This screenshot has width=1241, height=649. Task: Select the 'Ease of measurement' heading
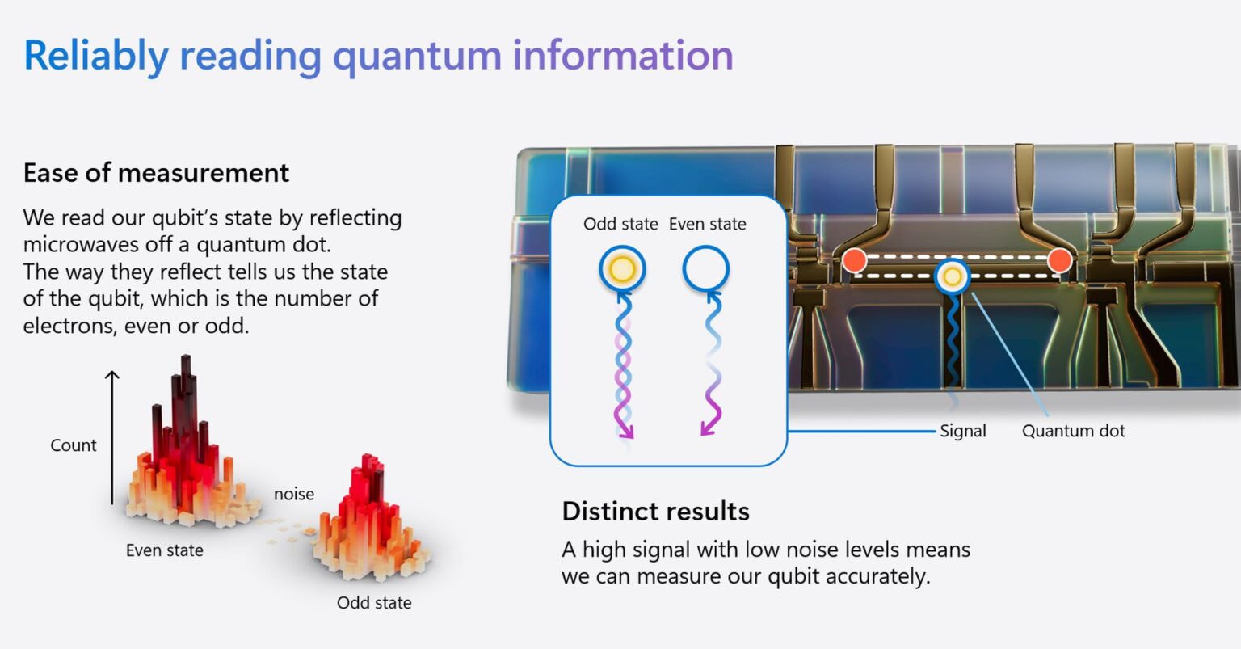[156, 173]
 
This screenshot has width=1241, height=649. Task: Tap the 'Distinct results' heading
[655, 512]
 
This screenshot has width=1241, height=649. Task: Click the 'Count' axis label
[74, 445]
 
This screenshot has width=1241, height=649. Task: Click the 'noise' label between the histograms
[294, 494]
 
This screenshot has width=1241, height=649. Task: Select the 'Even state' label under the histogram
[165, 550]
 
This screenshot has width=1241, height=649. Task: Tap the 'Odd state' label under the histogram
[374, 603]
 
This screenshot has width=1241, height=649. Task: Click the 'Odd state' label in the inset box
[620, 224]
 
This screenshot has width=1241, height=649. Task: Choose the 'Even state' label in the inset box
[708, 224]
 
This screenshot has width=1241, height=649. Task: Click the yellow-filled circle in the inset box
[622, 269]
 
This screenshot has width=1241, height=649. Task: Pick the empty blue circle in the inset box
[706, 269]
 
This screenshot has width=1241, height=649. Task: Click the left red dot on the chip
[855, 260]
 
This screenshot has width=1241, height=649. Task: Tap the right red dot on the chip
[1059, 260]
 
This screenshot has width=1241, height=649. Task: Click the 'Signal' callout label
[963, 431]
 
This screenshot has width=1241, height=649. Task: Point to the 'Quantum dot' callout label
[1073, 431]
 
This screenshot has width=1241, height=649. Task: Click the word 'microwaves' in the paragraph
[82, 244]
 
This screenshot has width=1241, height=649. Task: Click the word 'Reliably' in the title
[95, 56]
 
